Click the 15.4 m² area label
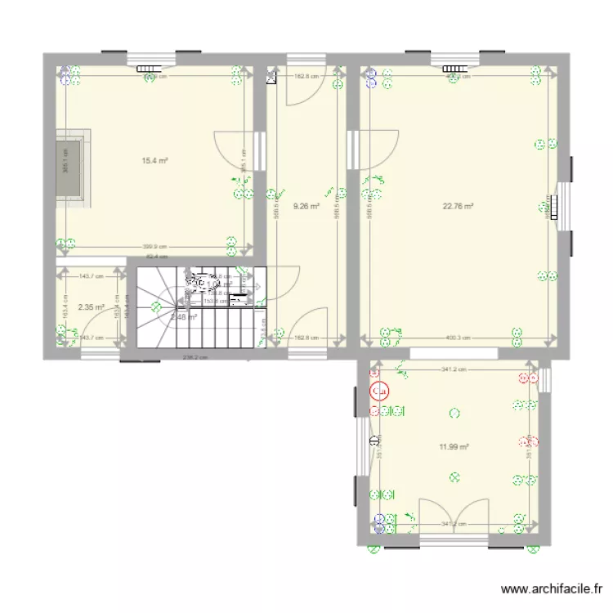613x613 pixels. pyautogui.click(x=154, y=161)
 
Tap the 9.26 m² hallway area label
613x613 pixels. pyautogui.click(x=306, y=207)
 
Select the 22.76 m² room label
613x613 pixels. pyautogui.click(x=459, y=207)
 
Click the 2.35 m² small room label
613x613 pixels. pyautogui.click(x=91, y=307)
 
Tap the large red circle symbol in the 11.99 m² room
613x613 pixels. pyautogui.click(x=379, y=392)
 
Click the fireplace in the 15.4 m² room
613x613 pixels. pyautogui.click(x=71, y=169)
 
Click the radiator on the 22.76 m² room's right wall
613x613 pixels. pyautogui.click(x=554, y=201)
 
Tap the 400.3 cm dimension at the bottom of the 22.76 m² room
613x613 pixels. pyautogui.click(x=457, y=337)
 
